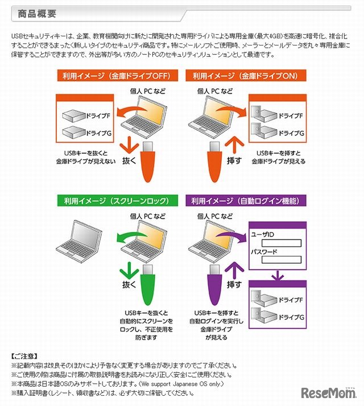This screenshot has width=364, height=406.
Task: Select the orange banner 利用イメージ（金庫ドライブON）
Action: click(246, 76)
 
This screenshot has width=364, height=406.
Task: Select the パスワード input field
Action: click(281, 260)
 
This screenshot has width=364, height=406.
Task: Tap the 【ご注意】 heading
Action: click(24, 355)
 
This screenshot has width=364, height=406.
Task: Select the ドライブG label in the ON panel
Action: click(290, 133)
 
